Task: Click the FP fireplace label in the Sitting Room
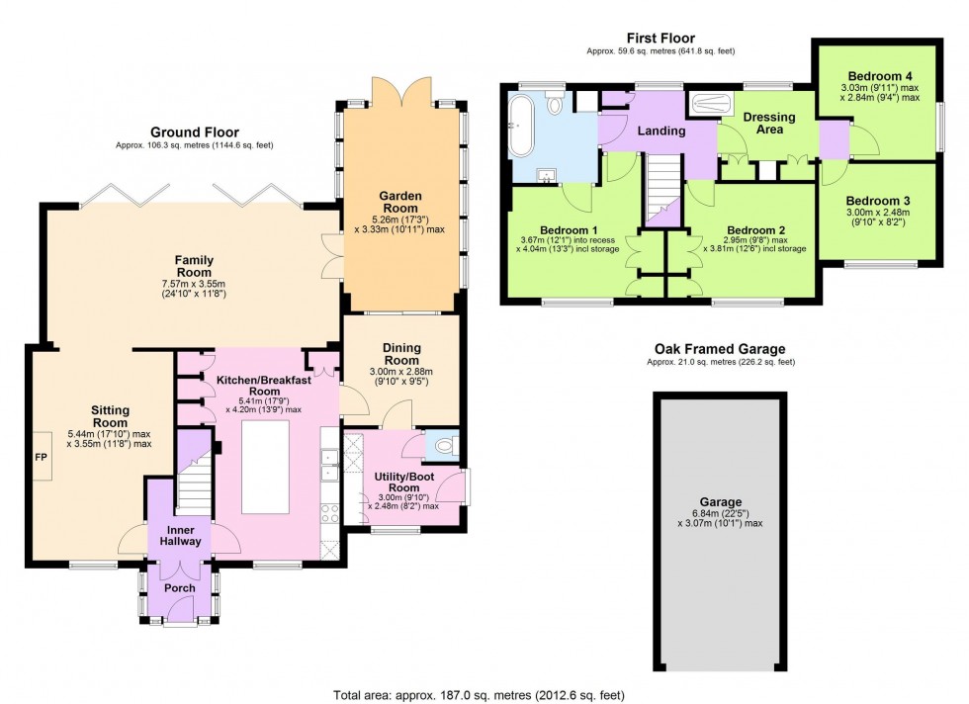(42, 459)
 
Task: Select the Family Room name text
(193, 266)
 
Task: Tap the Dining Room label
(402, 354)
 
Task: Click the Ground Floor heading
(194, 132)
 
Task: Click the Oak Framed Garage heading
(720, 349)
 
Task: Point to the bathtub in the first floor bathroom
(520, 126)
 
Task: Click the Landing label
(661, 132)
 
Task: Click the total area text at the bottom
(484, 694)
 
